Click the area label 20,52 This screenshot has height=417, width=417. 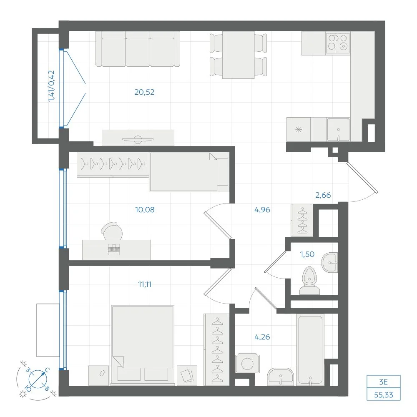(144, 92)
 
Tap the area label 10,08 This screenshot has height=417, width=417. (145, 210)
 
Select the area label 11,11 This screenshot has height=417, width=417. (145, 284)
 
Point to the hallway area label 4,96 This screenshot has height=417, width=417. (262, 210)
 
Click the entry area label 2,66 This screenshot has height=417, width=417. (323, 195)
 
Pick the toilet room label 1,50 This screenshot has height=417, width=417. (307, 254)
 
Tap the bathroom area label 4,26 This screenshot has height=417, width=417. (262, 337)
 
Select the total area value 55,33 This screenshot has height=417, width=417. (384, 395)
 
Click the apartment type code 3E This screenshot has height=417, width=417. (384, 382)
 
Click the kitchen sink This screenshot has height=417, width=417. (338, 130)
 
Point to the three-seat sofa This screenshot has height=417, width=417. (138, 49)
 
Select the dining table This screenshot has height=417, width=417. (238, 55)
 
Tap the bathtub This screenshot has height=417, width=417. (310, 350)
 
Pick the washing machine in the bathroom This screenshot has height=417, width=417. (247, 363)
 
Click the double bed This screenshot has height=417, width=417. (143, 345)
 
